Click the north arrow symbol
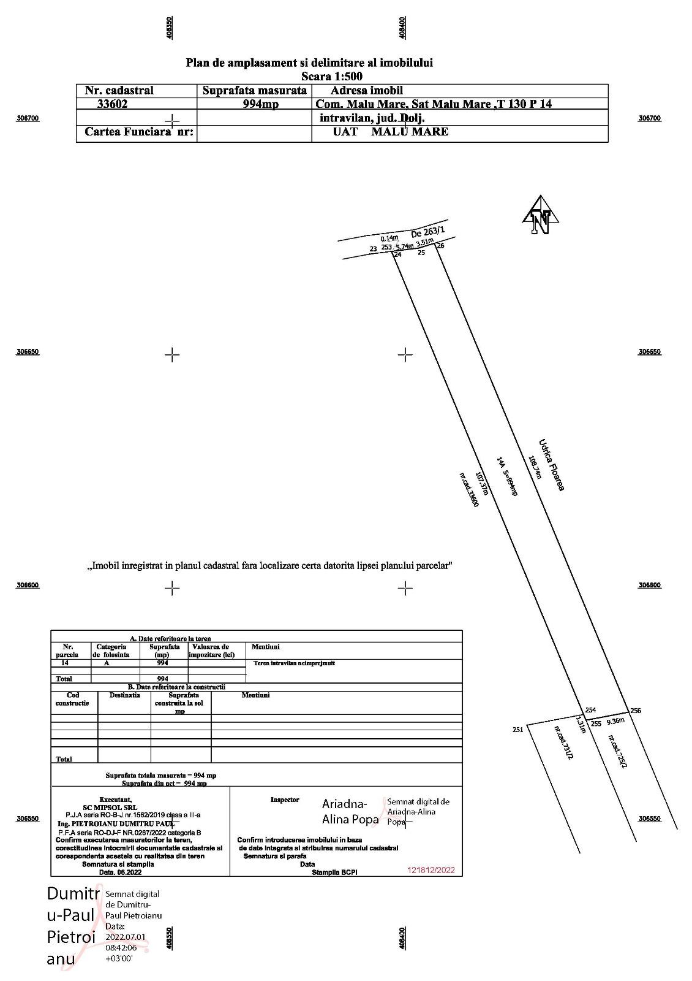(541, 216)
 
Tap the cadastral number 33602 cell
(112, 104)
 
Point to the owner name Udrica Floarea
(551, 464)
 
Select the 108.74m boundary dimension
(535, 467)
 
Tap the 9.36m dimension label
(615, 722)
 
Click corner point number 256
(636, 711)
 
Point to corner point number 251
(517, 730)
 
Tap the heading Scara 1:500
(331, 77)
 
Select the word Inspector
(285, 800)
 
